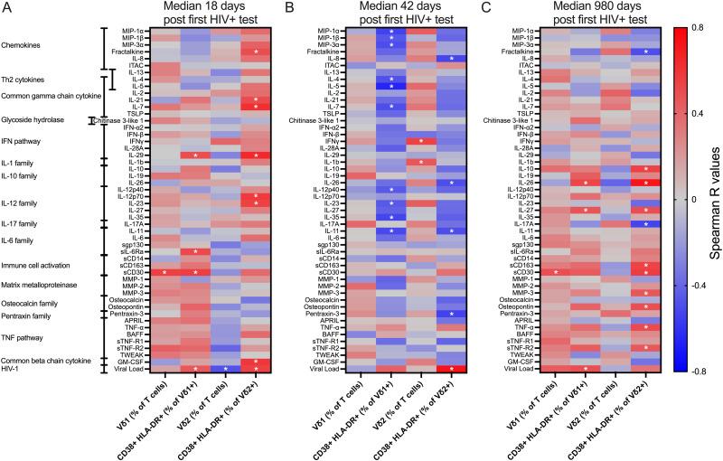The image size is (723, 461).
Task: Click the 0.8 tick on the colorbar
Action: click(697, 27)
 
